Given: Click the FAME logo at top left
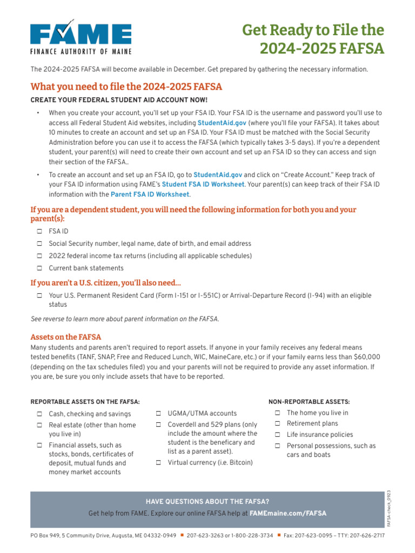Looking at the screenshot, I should pyautogui.click(x=81, y=38).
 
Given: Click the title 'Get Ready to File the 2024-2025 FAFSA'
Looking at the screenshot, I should pyautogui.click(x=313, y=39).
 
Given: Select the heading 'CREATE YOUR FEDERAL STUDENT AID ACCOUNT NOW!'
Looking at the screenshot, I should pyautogui.click(x=119, y=100).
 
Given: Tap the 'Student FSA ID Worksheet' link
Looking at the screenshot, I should pyautogui.click(x=203, y=184).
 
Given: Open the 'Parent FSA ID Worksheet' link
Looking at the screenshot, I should pyautogui.click(x=150, y=194).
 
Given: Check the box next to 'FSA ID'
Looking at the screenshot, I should pyautogui.click(x=39, y=231).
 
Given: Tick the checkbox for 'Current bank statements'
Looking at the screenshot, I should pyautogui.click(x=39, y=268).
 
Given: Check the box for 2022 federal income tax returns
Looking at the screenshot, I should pyautogui.click(x=39, y=256).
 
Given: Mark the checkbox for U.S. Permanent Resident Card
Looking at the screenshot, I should pyautogui.click(x=39, y=296).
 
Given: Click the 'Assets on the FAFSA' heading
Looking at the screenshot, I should pyautogui.click(x=66, y=337).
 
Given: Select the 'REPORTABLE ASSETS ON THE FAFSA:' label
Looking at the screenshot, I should pyautogui.click(x=85, y=402).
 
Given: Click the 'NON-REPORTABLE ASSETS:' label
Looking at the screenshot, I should pyautogui.click(x=309, y=402).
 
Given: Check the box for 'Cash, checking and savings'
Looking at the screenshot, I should pyautogui.click(x=39, y=414).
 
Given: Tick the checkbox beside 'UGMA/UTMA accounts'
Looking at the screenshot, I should pyautogui.click(x=159, y=414).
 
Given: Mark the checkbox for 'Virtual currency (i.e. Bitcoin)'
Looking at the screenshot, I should pyautogui.click(x=159, y=463).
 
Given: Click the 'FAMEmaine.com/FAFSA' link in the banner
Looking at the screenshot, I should pyautogui.click(x=288, y=514).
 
